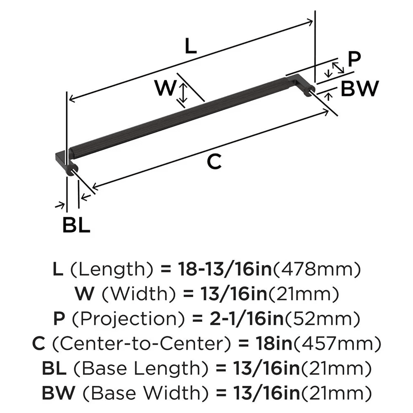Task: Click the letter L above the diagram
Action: tap(190, 47)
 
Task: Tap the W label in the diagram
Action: tap(166, 88)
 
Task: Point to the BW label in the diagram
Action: tap(359, 88)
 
